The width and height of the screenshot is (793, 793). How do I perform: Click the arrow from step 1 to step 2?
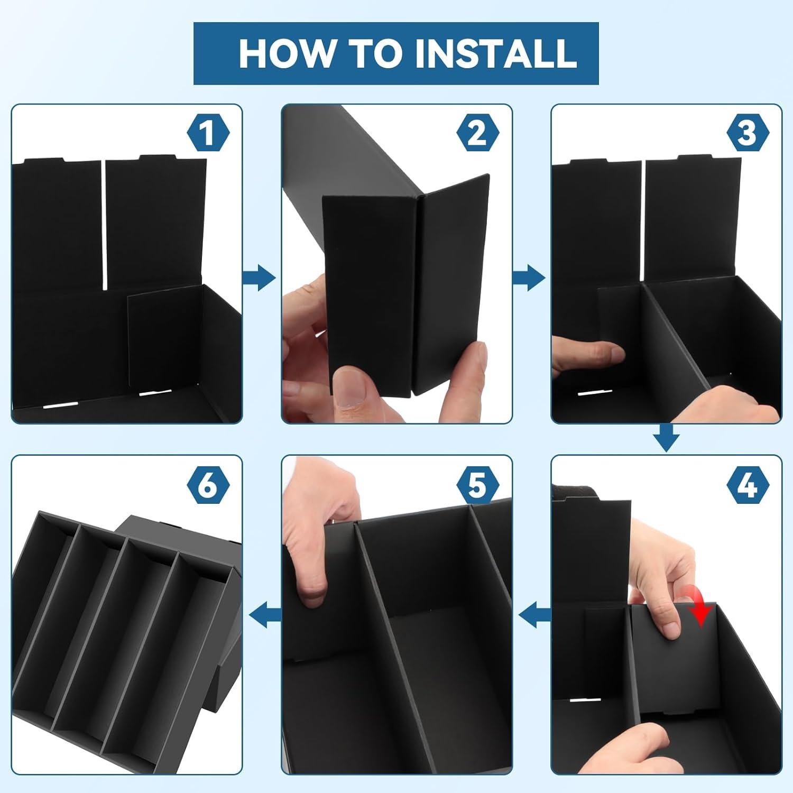tap(259, 277)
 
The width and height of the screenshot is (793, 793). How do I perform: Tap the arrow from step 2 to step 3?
tap(529, 277)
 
